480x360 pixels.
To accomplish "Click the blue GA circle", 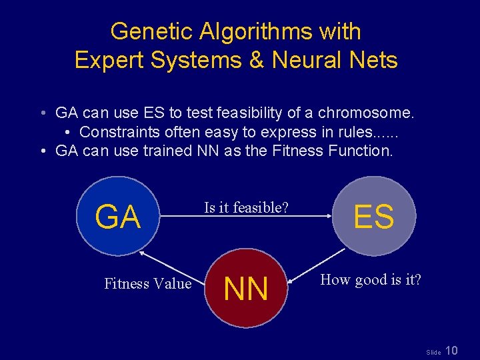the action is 117,216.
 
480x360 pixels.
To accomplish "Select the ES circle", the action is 374,216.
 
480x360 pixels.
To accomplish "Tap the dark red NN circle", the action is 246,288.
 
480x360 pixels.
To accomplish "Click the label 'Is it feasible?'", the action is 246,207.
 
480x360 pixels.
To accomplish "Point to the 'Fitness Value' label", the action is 147,283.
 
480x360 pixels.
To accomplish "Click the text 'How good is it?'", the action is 371,279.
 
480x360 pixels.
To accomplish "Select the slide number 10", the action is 451,351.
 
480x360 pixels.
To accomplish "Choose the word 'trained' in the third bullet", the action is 167,151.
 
